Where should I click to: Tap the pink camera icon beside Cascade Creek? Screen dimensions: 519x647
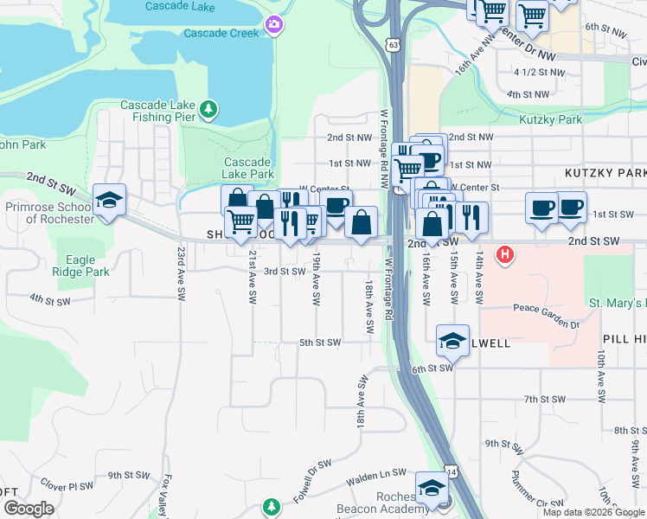pyautogui.click(x=274, y=24)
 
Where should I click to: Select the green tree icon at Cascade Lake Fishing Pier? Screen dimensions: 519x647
pyautogui.click(x=208, y=109)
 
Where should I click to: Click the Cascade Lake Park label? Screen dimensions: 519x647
pyautogui.click(x=248, y=168)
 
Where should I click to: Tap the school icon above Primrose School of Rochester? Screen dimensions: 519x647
pyautogui.click(x=110, y=201)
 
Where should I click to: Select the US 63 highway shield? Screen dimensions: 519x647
pyautogui.click(x=394, y=42)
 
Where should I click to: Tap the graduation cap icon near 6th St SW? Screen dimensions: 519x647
pyautogui.click(x=452, y=341)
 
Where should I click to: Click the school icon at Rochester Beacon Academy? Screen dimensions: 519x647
pyautogui.click(x=432, y=489)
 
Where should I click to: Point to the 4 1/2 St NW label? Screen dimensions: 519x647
pyautogui.click(x=531, y=72)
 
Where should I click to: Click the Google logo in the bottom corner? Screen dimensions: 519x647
pyautogui.click(x=29, y=509)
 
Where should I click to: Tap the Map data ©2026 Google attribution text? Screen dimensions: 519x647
pyautogui.click(x=593, y=512)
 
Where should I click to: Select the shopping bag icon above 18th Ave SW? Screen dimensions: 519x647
pyautogui.click(x=361, y=222)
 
